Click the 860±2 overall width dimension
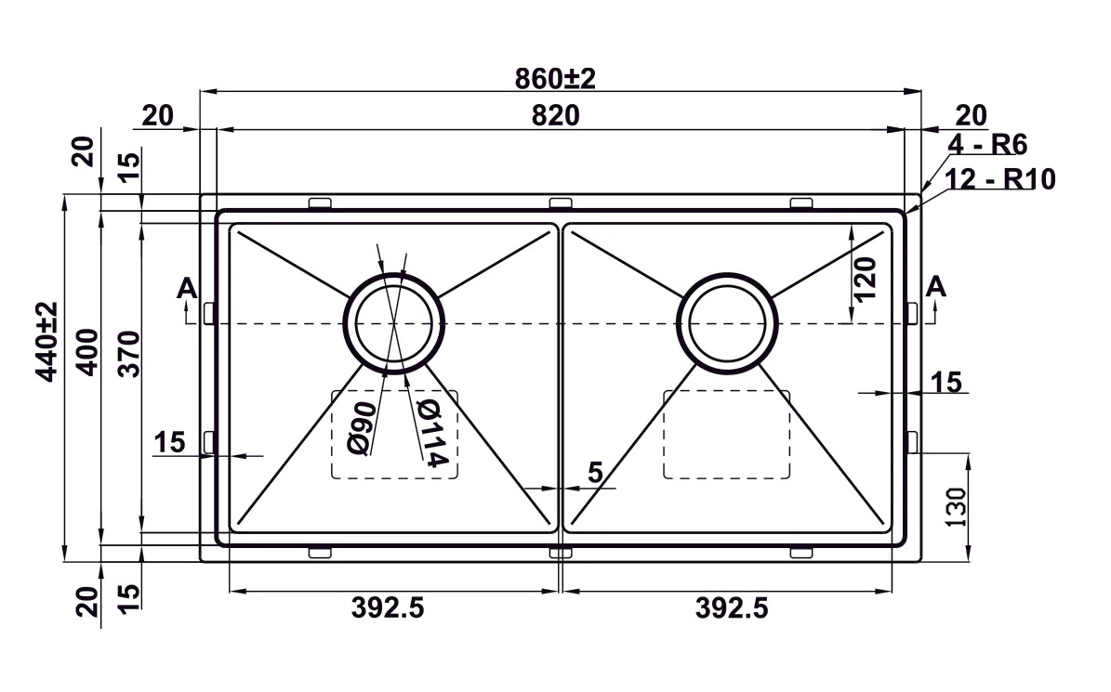point(555,79)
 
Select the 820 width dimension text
point(556,116)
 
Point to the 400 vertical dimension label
point(86,352)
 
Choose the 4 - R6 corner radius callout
point(986,145)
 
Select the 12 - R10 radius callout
point(999,179)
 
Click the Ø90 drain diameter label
point(362,428)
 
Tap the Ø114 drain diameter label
point(427,433)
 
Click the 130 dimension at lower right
point(958,505)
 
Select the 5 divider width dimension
point(595,473)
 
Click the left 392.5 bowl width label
point(388,608)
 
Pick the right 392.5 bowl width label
point(732,608)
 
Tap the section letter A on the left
point(187,289)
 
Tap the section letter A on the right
point(936,287)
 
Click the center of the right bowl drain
point(729,322)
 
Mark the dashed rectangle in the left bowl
point(394,434)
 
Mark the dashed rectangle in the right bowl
point(726,434)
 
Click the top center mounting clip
point(560,203)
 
